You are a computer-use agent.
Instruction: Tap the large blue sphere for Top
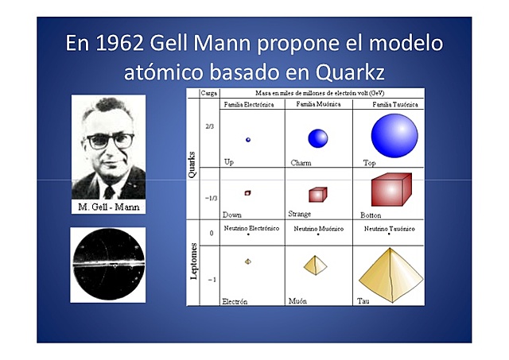click(x=394, y=135)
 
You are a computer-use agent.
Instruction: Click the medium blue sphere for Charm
click(x=318, y=138)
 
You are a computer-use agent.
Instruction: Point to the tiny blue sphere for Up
click(x=248, y=140)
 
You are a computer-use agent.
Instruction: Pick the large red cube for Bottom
click(x=390, y=191)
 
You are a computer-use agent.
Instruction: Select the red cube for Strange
click(x=317, y=194)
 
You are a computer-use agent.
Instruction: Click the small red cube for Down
click(x=248, y=193)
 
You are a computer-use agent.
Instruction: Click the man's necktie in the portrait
click(x=109, y=191)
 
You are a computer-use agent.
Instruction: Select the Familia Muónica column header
click(x=317, y=104)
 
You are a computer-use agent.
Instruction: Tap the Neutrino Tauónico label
click(x=389, y=229)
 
